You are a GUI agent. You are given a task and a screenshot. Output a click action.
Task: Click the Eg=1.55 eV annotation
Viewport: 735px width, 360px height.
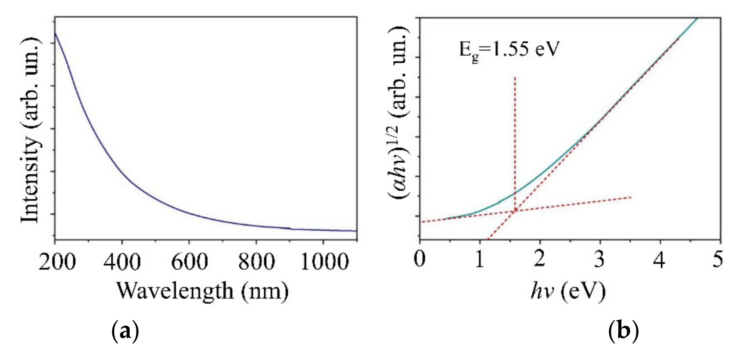pos(509,49)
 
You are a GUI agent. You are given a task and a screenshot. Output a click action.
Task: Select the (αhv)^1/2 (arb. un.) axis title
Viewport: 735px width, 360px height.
pos(398,113)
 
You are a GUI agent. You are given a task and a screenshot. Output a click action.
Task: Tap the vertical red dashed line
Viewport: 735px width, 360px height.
pos(515,137)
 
